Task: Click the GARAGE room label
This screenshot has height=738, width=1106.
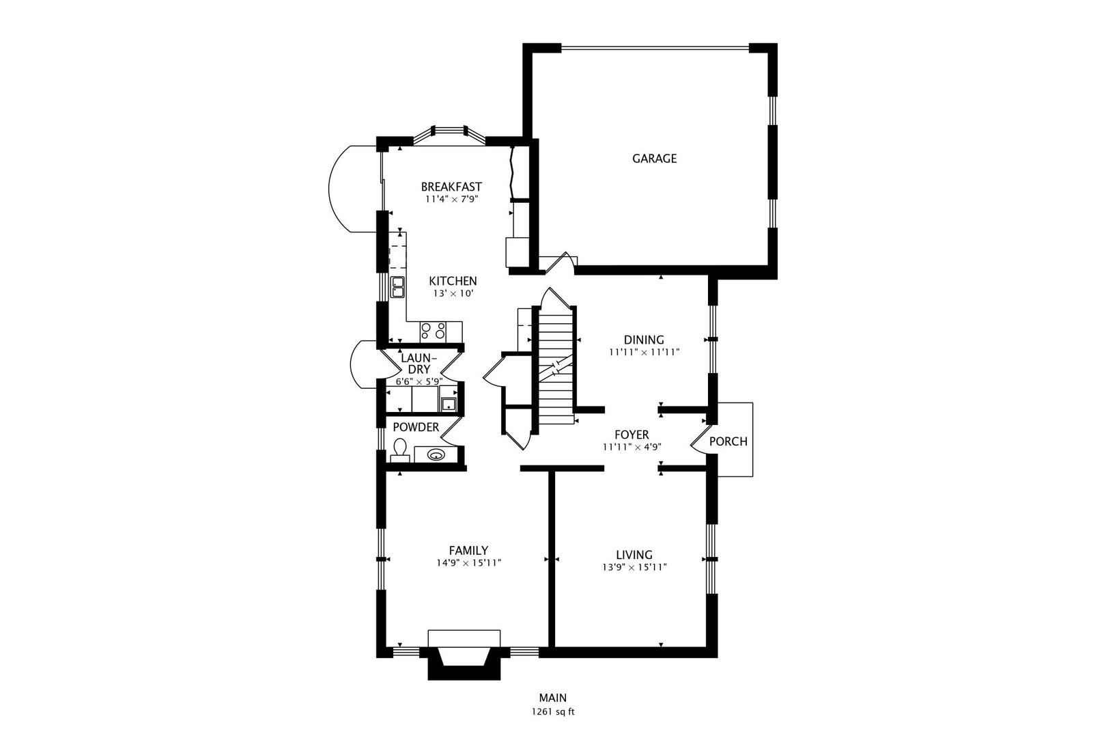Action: [x=654, y=159]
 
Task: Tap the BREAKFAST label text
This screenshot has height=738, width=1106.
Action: [x=451, y=187]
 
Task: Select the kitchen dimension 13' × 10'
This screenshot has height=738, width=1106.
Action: [x=453, y=293]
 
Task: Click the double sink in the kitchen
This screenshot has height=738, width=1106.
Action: [x=397, y=287]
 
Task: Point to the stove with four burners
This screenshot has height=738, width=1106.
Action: [x=433, y=331]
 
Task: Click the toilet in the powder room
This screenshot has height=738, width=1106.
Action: [x=400, y=450]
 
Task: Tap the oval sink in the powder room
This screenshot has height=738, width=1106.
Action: [x=435, y=454]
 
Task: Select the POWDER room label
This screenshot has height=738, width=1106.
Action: [x=416, y=427]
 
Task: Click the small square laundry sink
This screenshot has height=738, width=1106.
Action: [x=449, y=404]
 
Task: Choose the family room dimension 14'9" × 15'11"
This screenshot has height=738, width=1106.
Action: [x=468, y=564]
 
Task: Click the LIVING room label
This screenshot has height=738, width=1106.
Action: [x=634, y=555]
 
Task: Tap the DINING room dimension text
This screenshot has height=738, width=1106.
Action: [x=644, y=353]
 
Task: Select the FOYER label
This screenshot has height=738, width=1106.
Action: [x=632, y=435]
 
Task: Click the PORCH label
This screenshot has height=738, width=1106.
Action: [x=728, y=441]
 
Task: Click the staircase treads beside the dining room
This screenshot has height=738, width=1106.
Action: [x=554, y=355]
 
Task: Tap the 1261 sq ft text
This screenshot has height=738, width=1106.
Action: [x=553, y=711]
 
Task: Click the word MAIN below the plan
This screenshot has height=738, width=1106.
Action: [x=553, y=698]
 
